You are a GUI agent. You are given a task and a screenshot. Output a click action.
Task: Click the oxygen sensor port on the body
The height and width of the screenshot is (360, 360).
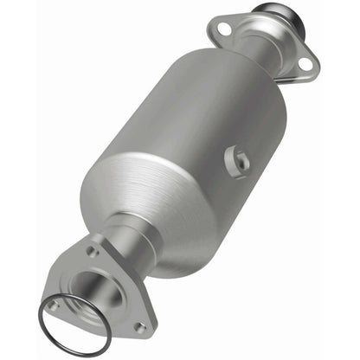239,159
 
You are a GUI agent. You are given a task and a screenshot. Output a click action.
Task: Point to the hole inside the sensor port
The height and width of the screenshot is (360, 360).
240,160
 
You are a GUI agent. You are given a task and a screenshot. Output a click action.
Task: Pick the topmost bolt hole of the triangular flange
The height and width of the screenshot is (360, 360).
92,252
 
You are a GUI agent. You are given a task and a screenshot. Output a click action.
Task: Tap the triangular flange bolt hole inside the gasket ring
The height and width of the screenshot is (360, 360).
55,305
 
